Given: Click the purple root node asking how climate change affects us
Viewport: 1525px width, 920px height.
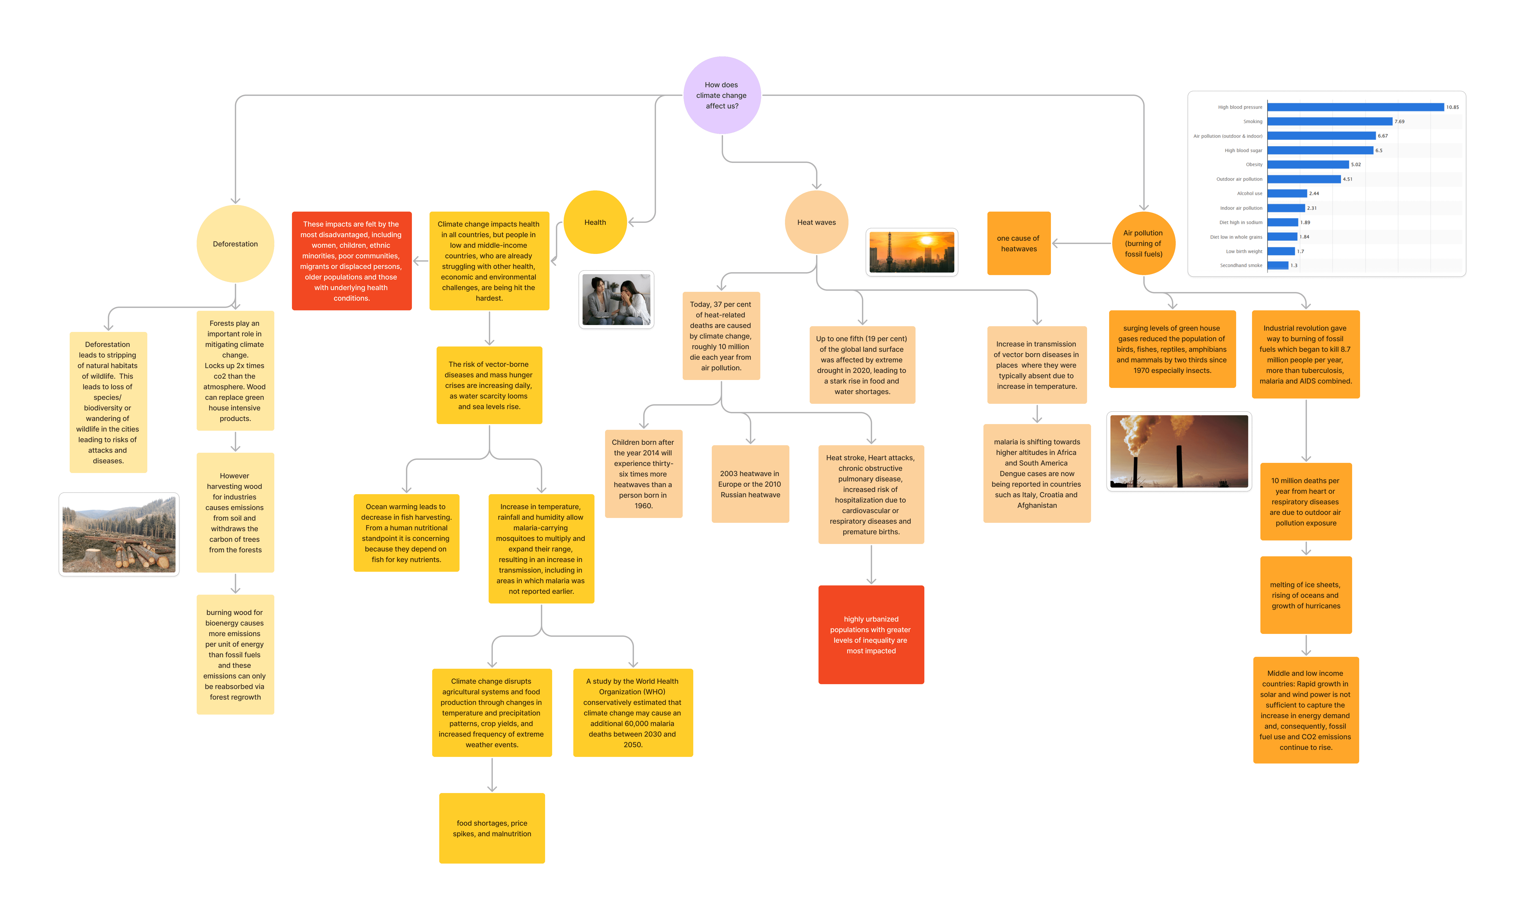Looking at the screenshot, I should (722, 95).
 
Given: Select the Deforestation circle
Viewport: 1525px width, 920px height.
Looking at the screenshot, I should (235, 244).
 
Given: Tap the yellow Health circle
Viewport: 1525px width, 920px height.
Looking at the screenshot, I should (595, 222).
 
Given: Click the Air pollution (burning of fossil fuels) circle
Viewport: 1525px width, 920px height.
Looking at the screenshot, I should (1143, 243).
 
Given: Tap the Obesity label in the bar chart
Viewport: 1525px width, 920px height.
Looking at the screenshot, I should (1254, 165).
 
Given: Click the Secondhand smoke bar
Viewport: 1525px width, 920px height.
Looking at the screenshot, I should (1277, 265).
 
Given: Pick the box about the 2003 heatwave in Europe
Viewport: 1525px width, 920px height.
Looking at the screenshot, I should (750, 484).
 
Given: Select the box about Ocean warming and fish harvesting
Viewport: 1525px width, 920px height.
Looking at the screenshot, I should (406, 533).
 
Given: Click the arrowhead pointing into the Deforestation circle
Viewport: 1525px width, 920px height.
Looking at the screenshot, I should (235, 200).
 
